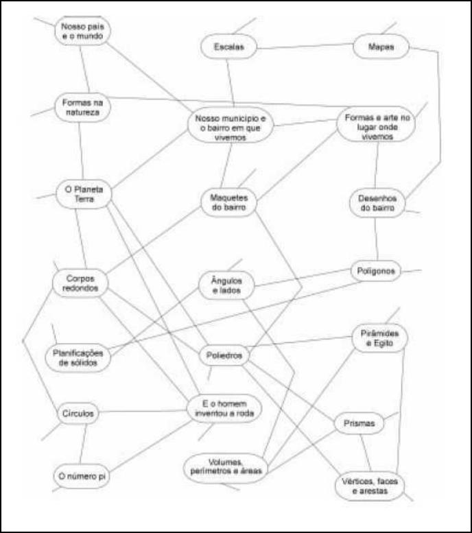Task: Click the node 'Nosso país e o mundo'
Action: [x=82, y=31]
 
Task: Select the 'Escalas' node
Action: [x=228, y=47]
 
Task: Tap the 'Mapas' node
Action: [x=381, y=47]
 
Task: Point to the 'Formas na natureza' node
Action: [x=82, y=108]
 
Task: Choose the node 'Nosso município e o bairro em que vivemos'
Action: [x=231, y=126]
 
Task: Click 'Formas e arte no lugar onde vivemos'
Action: [x=376, y=124]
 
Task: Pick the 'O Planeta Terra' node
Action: [x=84, y=194]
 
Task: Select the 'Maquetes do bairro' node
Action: [x=228, y=202]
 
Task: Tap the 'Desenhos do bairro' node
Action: [x=377, y=203]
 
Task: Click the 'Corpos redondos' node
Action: [x=80, y=283]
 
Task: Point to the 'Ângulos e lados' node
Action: [x=226, y=285]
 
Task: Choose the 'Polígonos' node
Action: [x=376, y=271]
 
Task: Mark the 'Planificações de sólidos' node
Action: [x=78, y=358]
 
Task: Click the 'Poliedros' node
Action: [x=224, y=355]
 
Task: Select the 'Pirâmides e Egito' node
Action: [x=379, y=338]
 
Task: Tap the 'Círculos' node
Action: [x=78, y=414]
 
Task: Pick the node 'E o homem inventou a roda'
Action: [x=224, y=409]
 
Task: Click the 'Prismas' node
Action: [x=359, y=423]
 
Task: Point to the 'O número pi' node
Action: [x=82, y=476]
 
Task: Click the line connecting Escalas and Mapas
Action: [x=305, y=46]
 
